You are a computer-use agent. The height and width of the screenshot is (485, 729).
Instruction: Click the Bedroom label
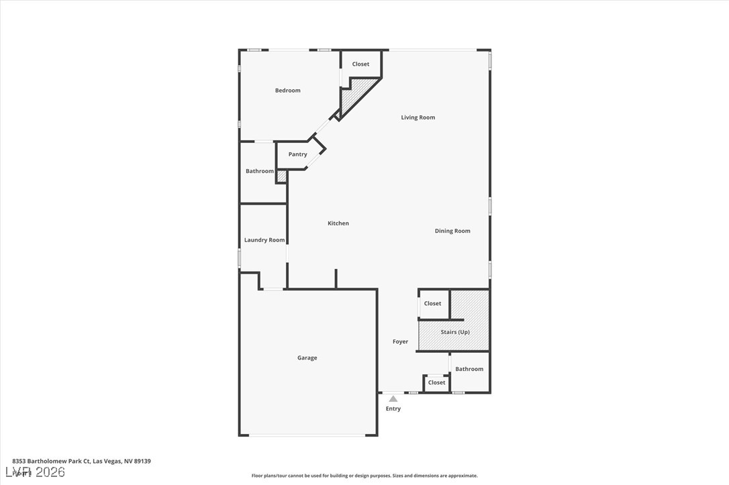(x=287, y=91)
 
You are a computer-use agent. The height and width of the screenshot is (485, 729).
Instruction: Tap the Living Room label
(x=418, y=117)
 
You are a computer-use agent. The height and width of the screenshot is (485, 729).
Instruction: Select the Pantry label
(x=297, y=154)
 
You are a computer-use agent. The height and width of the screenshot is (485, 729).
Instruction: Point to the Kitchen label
(x=338, y=223)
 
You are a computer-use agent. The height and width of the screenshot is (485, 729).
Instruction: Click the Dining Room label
(x=452, y=231)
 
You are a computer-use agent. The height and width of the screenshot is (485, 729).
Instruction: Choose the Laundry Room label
(x=264, y=239)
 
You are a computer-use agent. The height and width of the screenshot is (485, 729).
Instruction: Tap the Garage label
(x=307, y=358)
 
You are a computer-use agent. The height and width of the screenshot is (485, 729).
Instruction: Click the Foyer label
(x=400, y=341)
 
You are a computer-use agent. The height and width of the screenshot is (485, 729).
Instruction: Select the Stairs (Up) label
(x=455, y=332)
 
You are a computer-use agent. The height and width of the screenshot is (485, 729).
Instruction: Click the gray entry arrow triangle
(x=393, y=399)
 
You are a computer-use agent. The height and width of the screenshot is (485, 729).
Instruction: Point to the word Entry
(x=393, y=409)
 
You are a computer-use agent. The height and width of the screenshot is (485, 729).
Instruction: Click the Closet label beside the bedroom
(x=360, y=64)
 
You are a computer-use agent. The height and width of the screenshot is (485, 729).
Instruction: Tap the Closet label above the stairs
(x=432, y=303)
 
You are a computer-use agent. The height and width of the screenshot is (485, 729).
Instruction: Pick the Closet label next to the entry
(x=436, y=382)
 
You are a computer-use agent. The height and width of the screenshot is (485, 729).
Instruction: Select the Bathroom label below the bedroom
(x=259, y=171)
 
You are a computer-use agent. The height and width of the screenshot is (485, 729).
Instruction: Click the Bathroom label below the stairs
(x=469, y=369)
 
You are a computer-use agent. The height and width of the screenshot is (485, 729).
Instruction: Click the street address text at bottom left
(x=81, y=461)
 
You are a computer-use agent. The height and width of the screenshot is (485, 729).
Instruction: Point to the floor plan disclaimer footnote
(x=364, y=476)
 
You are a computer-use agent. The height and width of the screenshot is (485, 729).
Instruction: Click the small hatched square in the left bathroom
(x=282, y=176)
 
